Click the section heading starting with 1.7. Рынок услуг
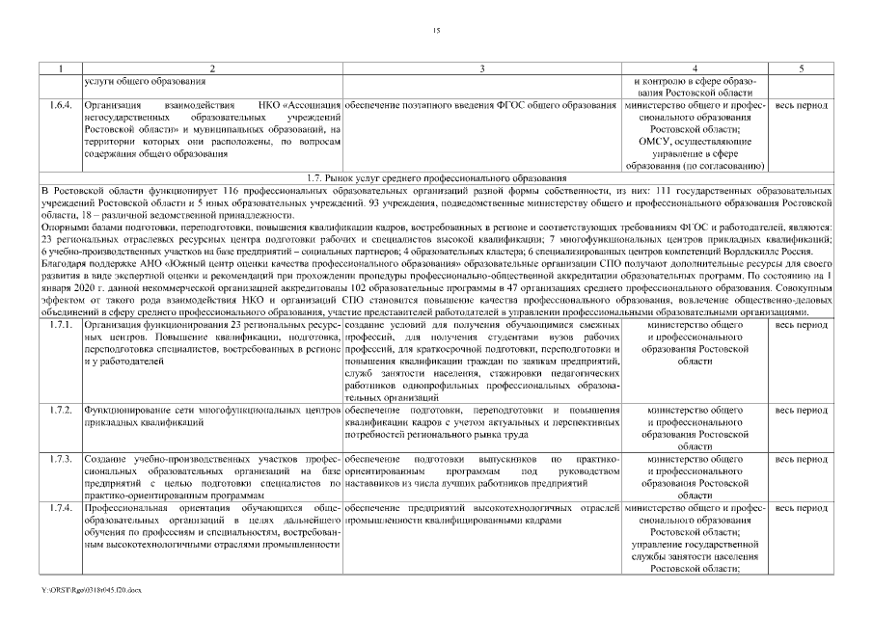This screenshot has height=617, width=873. click(x=436, y=178)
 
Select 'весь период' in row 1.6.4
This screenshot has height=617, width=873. click(x=800, y=103)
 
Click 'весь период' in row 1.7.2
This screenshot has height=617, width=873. click(x=800, y=410)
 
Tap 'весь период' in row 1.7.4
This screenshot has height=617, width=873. click(x=800, y=507)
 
